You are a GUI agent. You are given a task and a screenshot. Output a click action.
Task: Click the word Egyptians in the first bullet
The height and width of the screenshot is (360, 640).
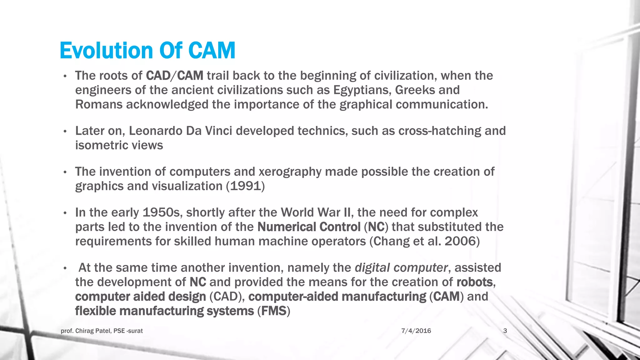click(x=362, y=90)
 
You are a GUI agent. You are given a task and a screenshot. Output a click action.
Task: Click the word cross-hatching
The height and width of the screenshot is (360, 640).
click(x=439, y=131)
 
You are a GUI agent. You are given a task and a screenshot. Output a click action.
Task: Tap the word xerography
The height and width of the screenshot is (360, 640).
click(x=290, y=172)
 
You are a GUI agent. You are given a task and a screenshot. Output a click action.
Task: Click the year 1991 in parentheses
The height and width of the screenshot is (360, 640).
click(x=246, y=186)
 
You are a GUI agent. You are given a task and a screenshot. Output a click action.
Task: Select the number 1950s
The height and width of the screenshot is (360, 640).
click(x=162, y=213)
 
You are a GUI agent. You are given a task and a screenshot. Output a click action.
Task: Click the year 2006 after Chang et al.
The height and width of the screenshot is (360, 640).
click(x=460, y=242)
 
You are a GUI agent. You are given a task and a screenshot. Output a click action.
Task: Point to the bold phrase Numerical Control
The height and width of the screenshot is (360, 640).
click(x=309, y=227)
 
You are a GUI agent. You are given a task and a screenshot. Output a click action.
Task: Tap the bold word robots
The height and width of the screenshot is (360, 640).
click(x=474, y=282)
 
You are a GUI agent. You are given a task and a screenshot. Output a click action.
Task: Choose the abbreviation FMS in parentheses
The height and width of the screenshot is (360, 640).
click(x=274, y=311)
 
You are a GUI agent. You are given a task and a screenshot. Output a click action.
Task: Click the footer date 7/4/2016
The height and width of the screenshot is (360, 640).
click(x=416, y=331)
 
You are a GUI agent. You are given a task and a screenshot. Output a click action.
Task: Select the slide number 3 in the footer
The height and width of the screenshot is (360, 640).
click(x=505, y=331)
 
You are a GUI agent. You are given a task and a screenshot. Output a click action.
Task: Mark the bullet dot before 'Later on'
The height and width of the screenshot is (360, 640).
click(x=65, y=132)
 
